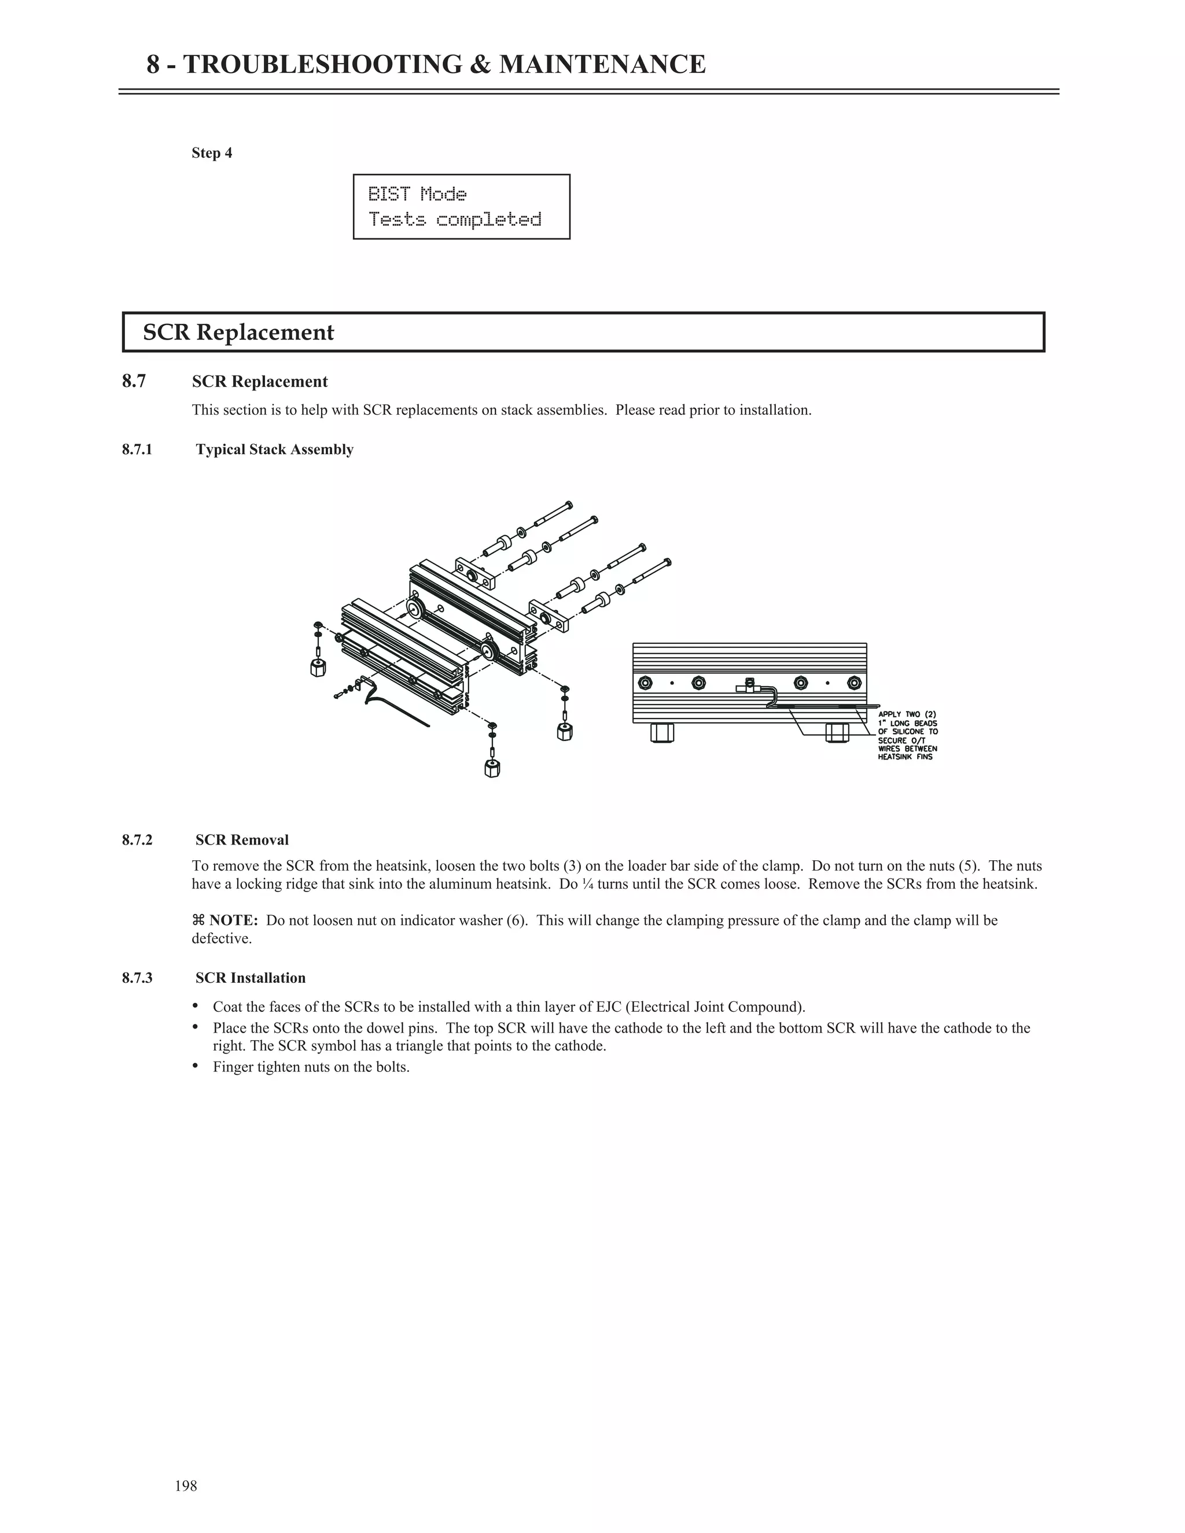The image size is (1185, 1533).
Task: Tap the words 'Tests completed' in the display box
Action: [455, 220]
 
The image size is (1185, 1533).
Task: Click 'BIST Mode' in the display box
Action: [417, 194]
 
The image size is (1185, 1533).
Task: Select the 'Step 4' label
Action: [212, 153]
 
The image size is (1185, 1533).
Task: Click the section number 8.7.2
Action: [137, 840]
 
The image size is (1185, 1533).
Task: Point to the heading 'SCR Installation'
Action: [251, 978]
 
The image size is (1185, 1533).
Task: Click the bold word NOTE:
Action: [233, 920]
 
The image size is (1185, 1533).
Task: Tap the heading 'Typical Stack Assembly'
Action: [274, 449]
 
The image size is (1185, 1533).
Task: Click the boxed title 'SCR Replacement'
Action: [239, 332]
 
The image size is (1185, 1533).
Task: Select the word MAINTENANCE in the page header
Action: [602, 65]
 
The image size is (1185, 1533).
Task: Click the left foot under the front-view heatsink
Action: [662, 732]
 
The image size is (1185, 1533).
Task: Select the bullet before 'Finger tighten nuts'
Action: [196, 1067]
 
